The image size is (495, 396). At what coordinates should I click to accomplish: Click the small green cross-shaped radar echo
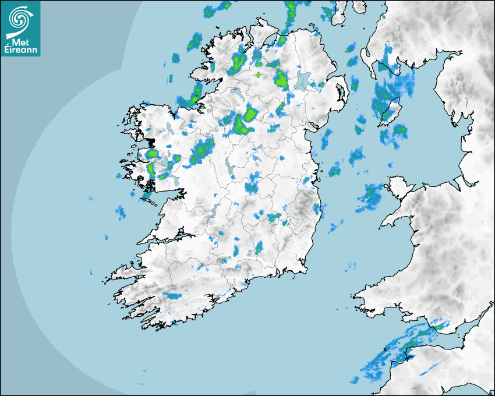[258, 75]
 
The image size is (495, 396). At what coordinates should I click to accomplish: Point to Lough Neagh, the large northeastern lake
[303, 80]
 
